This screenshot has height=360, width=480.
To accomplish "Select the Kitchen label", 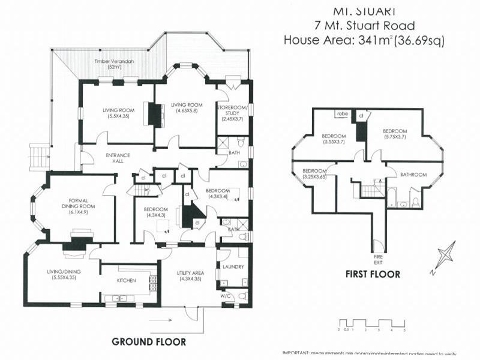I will coord(126,280).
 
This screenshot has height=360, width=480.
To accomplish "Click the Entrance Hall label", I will coord(118,158).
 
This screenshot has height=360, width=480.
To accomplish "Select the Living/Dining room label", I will coord(64,275).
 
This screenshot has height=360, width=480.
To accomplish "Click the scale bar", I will coord(372,325).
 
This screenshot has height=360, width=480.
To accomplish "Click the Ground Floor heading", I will coord(149,341).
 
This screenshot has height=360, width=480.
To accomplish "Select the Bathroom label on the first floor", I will coord(413,175).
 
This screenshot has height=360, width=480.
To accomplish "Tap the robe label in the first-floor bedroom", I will coord(342,113).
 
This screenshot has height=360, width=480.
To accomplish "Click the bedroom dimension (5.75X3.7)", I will coord(395,137).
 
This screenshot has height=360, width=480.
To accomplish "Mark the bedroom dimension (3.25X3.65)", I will coord(314,177).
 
